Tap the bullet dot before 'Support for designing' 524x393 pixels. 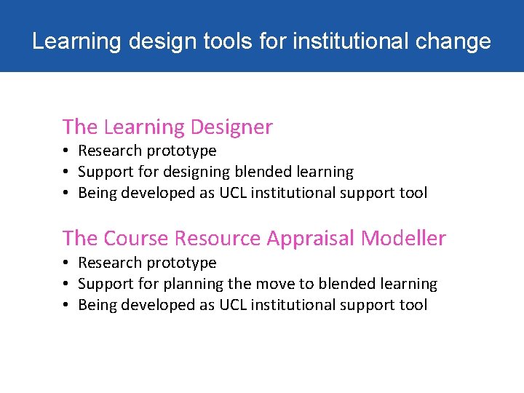[x=65, y=172]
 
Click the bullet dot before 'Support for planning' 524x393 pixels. [x=65, y=284]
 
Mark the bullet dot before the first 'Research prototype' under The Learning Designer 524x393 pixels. [x=65, y=151]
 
